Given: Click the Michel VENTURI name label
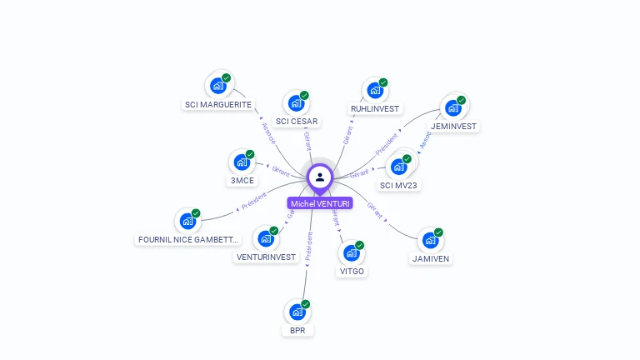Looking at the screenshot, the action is [320, 203].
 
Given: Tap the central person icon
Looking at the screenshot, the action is [320, 177].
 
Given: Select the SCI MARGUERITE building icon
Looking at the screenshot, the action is [217, 86].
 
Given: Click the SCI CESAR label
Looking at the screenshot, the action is [297, 122].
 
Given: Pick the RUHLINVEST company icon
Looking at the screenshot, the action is [374, 90].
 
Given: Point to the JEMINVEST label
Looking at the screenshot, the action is [454, 127].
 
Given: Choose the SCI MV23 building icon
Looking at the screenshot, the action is [399, 166].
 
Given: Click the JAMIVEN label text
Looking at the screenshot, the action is [431, 258].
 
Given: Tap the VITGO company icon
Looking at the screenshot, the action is [352, 253].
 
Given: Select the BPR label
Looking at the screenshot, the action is [297, 331].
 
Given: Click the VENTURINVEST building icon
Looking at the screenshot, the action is [266, 239].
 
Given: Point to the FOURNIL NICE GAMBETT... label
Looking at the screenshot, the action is [188, 240].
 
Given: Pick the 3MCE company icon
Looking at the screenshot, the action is [242, 162].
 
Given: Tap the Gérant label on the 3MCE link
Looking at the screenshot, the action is [281, 172].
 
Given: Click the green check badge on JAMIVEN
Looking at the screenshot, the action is [438, 232].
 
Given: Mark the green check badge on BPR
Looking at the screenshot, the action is [306, 304].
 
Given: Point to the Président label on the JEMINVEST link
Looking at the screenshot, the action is [387, 144].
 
